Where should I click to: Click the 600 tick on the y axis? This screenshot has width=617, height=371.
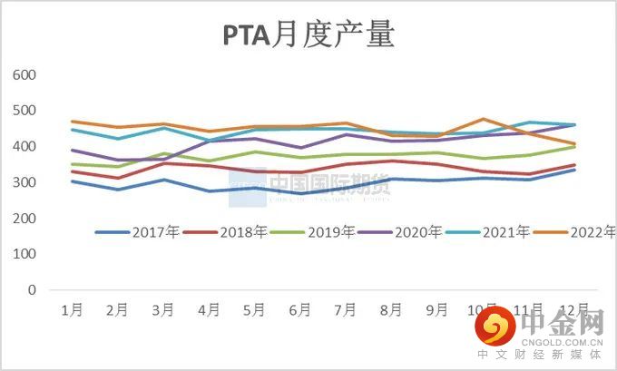tap(24, 74)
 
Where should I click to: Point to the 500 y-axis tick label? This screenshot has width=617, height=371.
tap(24, 111)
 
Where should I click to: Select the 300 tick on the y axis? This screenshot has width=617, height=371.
tap(24, 182)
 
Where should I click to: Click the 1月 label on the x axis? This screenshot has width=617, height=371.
tap(72, 310)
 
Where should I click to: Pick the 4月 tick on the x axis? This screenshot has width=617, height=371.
tap(209, 310)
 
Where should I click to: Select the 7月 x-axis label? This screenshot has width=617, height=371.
tap(346, 310)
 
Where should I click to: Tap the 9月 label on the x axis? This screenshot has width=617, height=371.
tap(437, 310)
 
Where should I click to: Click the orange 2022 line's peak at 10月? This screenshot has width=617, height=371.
tap(484, 119)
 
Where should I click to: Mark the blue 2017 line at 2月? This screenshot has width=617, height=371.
tap(117, 190)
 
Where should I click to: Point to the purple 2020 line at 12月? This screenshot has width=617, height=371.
tap(574, 125)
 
